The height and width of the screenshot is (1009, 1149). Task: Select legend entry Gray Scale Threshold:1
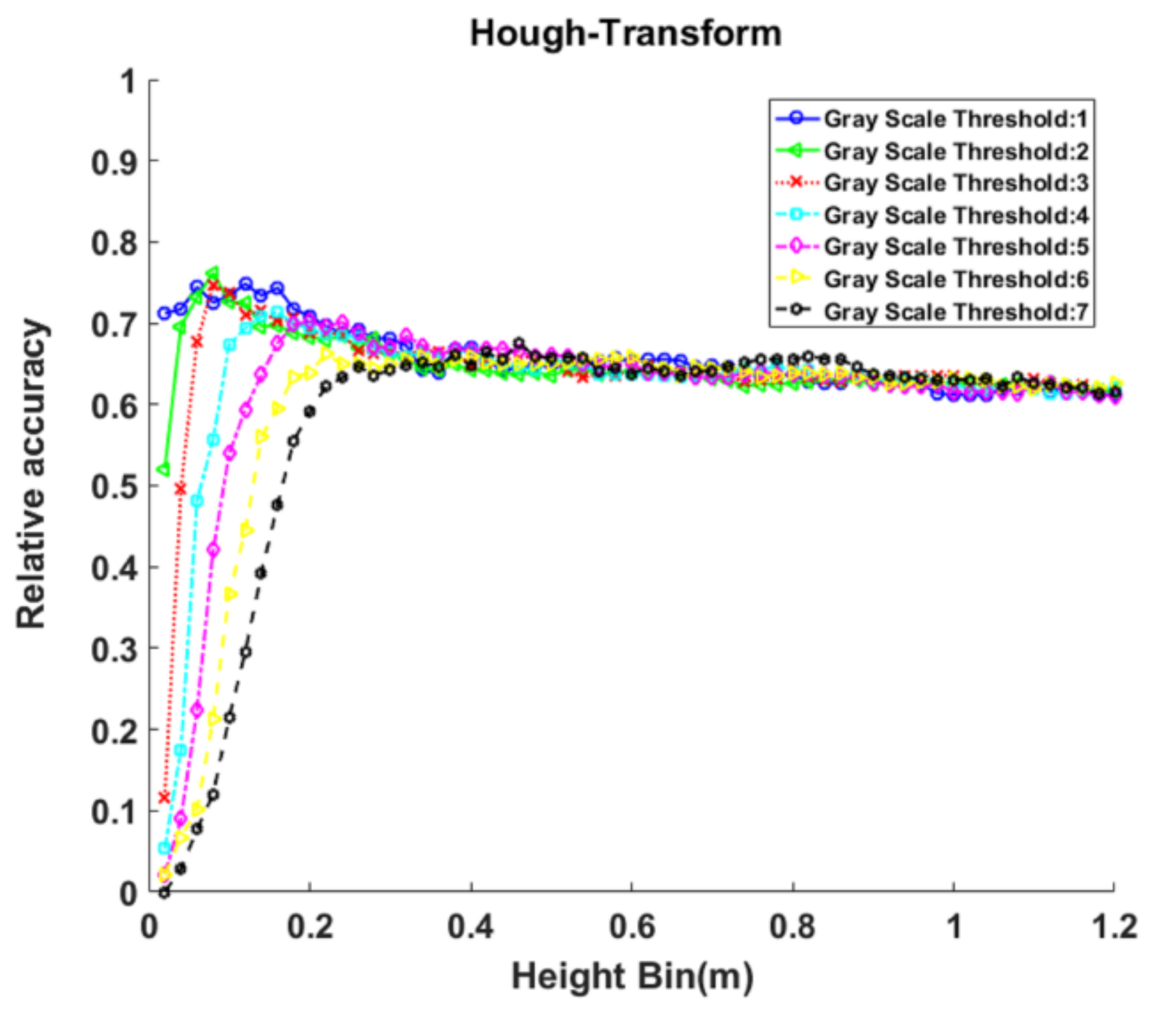(x=955, y=119)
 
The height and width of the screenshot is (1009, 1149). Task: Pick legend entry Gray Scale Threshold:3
(x=955, y=183)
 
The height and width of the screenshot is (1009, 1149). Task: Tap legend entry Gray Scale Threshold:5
(x=955, y=247)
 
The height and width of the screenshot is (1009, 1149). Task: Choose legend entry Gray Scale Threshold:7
(x=955, y=311)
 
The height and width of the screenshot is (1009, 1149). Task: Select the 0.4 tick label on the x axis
(x=471, y=927)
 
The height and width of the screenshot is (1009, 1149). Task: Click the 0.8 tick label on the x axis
(x=792, y=927)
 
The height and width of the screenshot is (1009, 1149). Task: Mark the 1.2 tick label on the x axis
(x=1114, y=927)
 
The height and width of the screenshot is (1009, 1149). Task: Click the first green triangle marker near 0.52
(x=164, y=469)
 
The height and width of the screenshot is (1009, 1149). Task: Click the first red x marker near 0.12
(x=164, y=797)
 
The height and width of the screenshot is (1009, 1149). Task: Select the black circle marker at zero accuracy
(x=164, y=893)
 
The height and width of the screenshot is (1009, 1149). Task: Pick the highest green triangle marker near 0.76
(x=213, y=273)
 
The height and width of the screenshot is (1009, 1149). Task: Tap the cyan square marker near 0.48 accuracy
(x=197, y=501)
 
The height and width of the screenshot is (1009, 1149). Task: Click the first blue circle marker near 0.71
(x=164, y=313)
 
